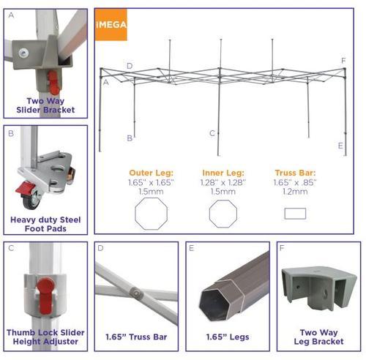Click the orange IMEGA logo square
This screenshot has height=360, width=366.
[x=111, y=25]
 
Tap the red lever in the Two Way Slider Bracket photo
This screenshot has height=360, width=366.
[x=53, y=83]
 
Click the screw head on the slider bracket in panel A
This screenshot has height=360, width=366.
[x=23, y=53]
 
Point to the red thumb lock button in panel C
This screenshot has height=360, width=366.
[x=45, y=296]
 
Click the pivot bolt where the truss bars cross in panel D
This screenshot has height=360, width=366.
[x=136, y=293]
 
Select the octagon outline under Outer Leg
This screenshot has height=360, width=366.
[x=152, y=214]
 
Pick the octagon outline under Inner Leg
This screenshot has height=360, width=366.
[x=223, y=214]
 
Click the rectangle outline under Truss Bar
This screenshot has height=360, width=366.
[x=295, y=214]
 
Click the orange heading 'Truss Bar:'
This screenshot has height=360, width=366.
[x=295, y=173]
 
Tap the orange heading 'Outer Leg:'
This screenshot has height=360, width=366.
[x=152, y=173]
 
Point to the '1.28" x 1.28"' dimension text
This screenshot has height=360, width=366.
[x=223, y=182]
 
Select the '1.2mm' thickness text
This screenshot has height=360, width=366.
[x=295, y=192]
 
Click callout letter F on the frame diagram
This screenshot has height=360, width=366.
[x=343, y=61]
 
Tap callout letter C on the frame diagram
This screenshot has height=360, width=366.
[x=212, y=133]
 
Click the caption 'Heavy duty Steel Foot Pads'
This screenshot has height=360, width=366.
[x=45, y=224]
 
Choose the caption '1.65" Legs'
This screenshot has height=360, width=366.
[x=228, y=337]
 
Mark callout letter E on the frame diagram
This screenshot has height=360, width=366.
[x=340, y=146]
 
